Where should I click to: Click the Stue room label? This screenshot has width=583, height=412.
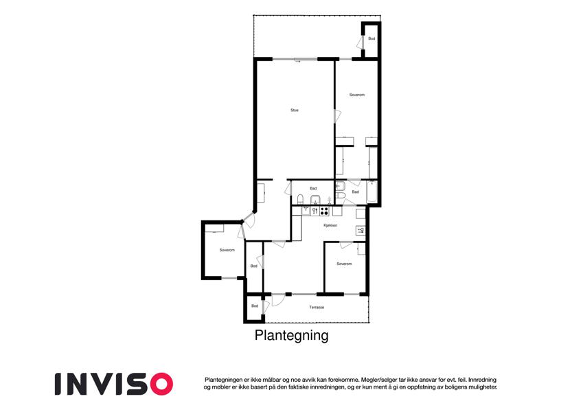(295, 110)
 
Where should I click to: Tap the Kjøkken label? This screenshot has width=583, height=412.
(330, 225)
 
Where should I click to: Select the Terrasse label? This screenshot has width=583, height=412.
(316, 307)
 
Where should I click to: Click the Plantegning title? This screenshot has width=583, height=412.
(291, 336)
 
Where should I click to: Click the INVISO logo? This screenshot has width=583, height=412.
(113, 383)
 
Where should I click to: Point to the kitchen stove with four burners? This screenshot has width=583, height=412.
(324, 211)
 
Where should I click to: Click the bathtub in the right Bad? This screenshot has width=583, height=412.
(372, 192)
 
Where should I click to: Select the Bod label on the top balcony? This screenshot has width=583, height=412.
(371, 38)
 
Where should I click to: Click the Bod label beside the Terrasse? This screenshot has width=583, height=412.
(254, 306)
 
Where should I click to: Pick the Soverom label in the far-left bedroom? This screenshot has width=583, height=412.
(227, 250)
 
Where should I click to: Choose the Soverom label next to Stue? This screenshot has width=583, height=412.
(356, 94)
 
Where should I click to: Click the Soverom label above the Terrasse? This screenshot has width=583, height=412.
(344, 264)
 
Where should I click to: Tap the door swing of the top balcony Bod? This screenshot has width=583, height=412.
(361, 42)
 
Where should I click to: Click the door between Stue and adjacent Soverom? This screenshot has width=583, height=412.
(336, 115)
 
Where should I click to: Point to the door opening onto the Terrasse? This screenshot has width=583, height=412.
(278, 299)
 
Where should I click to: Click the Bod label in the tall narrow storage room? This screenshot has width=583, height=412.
(253, 266)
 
